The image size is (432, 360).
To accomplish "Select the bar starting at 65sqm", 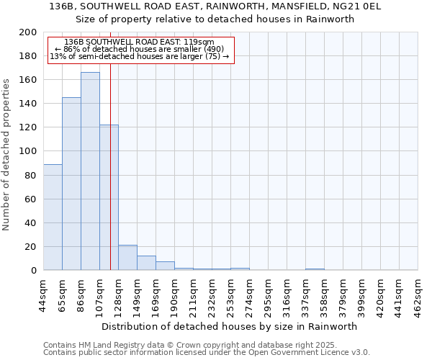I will (71, 184).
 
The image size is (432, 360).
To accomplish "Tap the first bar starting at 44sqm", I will (53, 217).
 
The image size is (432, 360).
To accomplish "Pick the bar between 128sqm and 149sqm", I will (127, 258).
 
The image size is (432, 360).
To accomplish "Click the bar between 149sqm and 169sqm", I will (146, 263).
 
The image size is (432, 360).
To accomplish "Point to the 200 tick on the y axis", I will (30, 32).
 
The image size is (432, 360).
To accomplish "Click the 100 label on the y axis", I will (30, 151).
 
